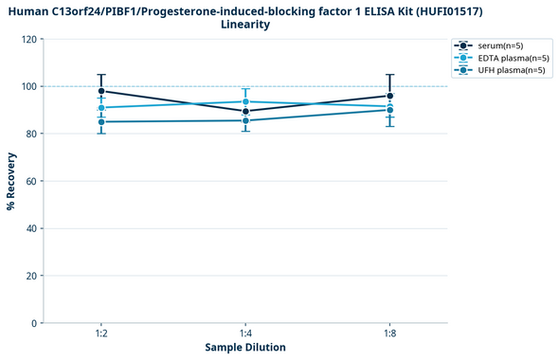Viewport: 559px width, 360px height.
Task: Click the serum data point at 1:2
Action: [101, 91]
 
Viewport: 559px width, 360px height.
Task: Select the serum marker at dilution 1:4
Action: [245, 112]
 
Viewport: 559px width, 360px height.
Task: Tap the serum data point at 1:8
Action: [390, 96]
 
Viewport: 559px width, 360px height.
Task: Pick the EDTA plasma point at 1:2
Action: [101, 108]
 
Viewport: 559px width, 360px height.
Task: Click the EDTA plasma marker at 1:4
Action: [245, 101]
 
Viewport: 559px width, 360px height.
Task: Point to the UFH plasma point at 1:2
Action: [101, 122]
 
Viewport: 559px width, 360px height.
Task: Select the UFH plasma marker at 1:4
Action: [245, 120]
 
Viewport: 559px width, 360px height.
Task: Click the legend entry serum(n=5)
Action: [496, 45]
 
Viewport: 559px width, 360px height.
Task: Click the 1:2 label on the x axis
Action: [101, 333]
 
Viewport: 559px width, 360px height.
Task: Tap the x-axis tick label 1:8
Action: [390, 333]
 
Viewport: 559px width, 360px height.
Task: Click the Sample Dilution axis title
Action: [245, 348]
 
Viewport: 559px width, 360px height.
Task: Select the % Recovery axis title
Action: [11, 181]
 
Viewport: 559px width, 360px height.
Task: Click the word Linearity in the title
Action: [245, 25]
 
